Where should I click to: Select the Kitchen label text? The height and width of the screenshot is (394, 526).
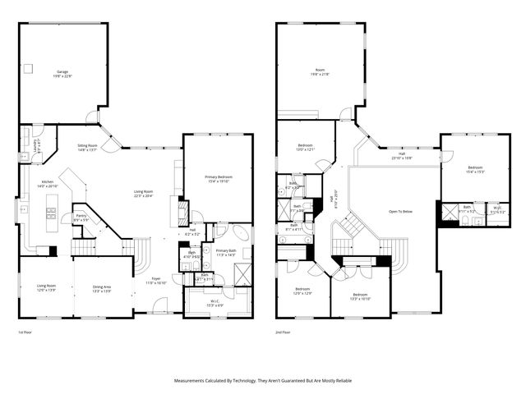(x=48, y=184)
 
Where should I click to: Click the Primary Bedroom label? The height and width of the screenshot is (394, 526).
(x=218, y=178)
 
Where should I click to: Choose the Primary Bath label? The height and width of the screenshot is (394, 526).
(x=224, y=253)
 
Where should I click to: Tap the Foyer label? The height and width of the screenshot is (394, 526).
(x=156, y=280)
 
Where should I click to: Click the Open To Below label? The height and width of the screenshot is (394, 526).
(x=400, y=211)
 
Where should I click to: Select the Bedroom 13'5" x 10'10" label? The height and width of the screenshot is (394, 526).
(x=360, y=295)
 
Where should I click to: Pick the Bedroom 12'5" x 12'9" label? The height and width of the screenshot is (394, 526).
(x=303, y=291)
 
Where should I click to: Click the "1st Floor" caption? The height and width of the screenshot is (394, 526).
(x=25, y=332)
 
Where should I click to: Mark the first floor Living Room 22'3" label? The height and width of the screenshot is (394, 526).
(x=145, y=194)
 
